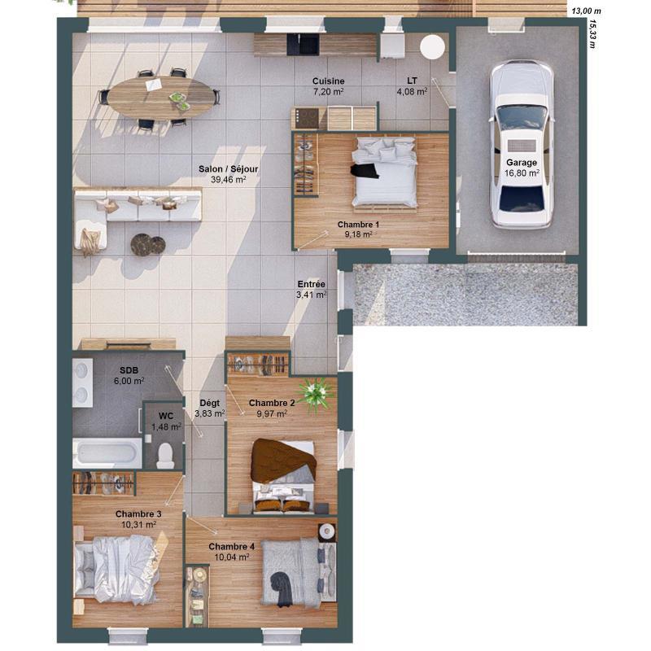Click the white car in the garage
[522, 146]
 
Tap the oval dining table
[160, 98]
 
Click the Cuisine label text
[329, 81]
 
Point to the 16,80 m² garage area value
[522, 173]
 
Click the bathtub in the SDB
[107, 452]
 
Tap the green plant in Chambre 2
[315, 393]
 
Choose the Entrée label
[311, 284]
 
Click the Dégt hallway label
[209, 403]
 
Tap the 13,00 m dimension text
[586, 11]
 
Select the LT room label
[412, 81]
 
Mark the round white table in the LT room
[432, 46]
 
